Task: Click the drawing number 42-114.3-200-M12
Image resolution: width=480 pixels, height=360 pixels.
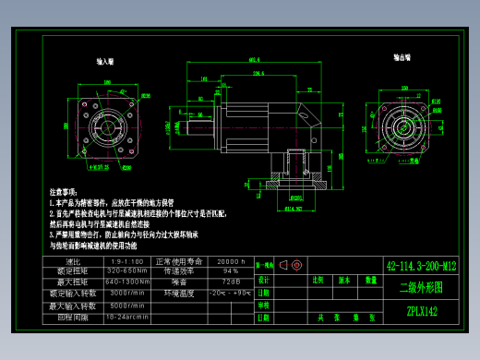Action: [421, 266]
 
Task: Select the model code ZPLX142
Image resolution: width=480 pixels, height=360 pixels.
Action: [421, 312]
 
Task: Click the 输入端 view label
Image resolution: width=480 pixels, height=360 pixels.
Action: [105, 62]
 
